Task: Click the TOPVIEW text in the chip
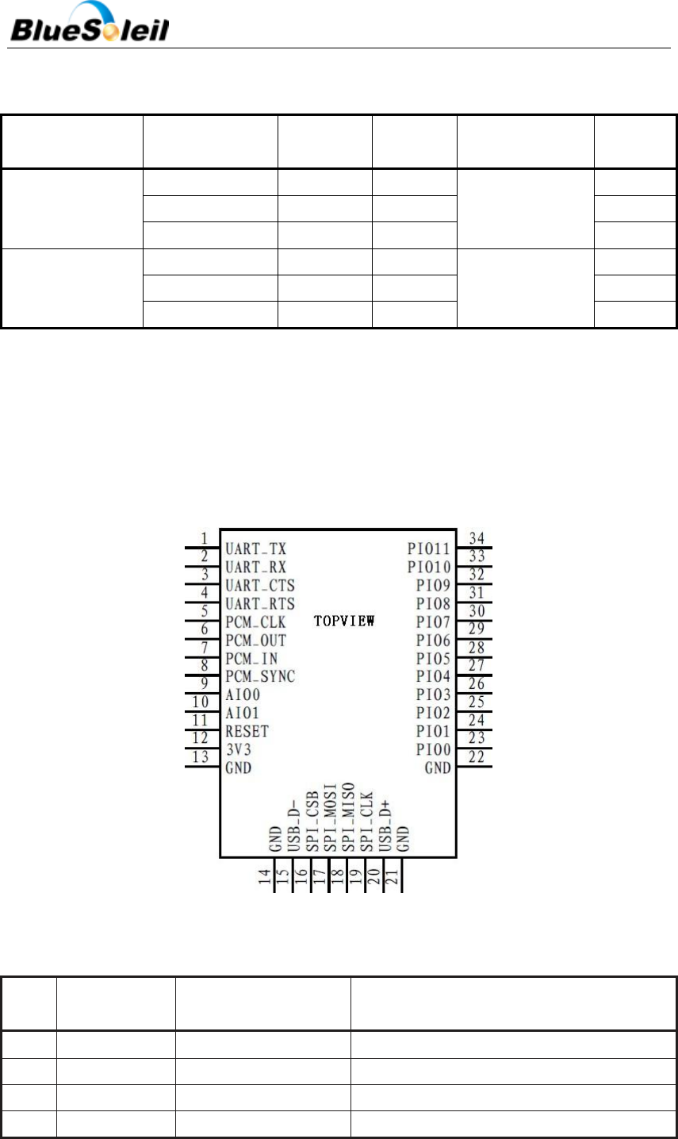click(344, 621)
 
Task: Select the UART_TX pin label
click(255, 548)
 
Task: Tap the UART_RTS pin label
click(259, 604)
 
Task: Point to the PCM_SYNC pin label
click(260, 677)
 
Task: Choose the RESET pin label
click(247, 731)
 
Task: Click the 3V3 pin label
click(238, 750)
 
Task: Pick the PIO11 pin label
click(429, 548)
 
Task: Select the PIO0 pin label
click(433, 750)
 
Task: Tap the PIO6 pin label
click(433, 641)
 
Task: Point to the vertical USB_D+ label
click(386, 825)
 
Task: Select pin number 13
click(201, 757)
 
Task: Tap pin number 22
click(477, 757)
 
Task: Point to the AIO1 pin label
click(242, 714)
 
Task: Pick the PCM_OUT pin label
click(255, 641)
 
